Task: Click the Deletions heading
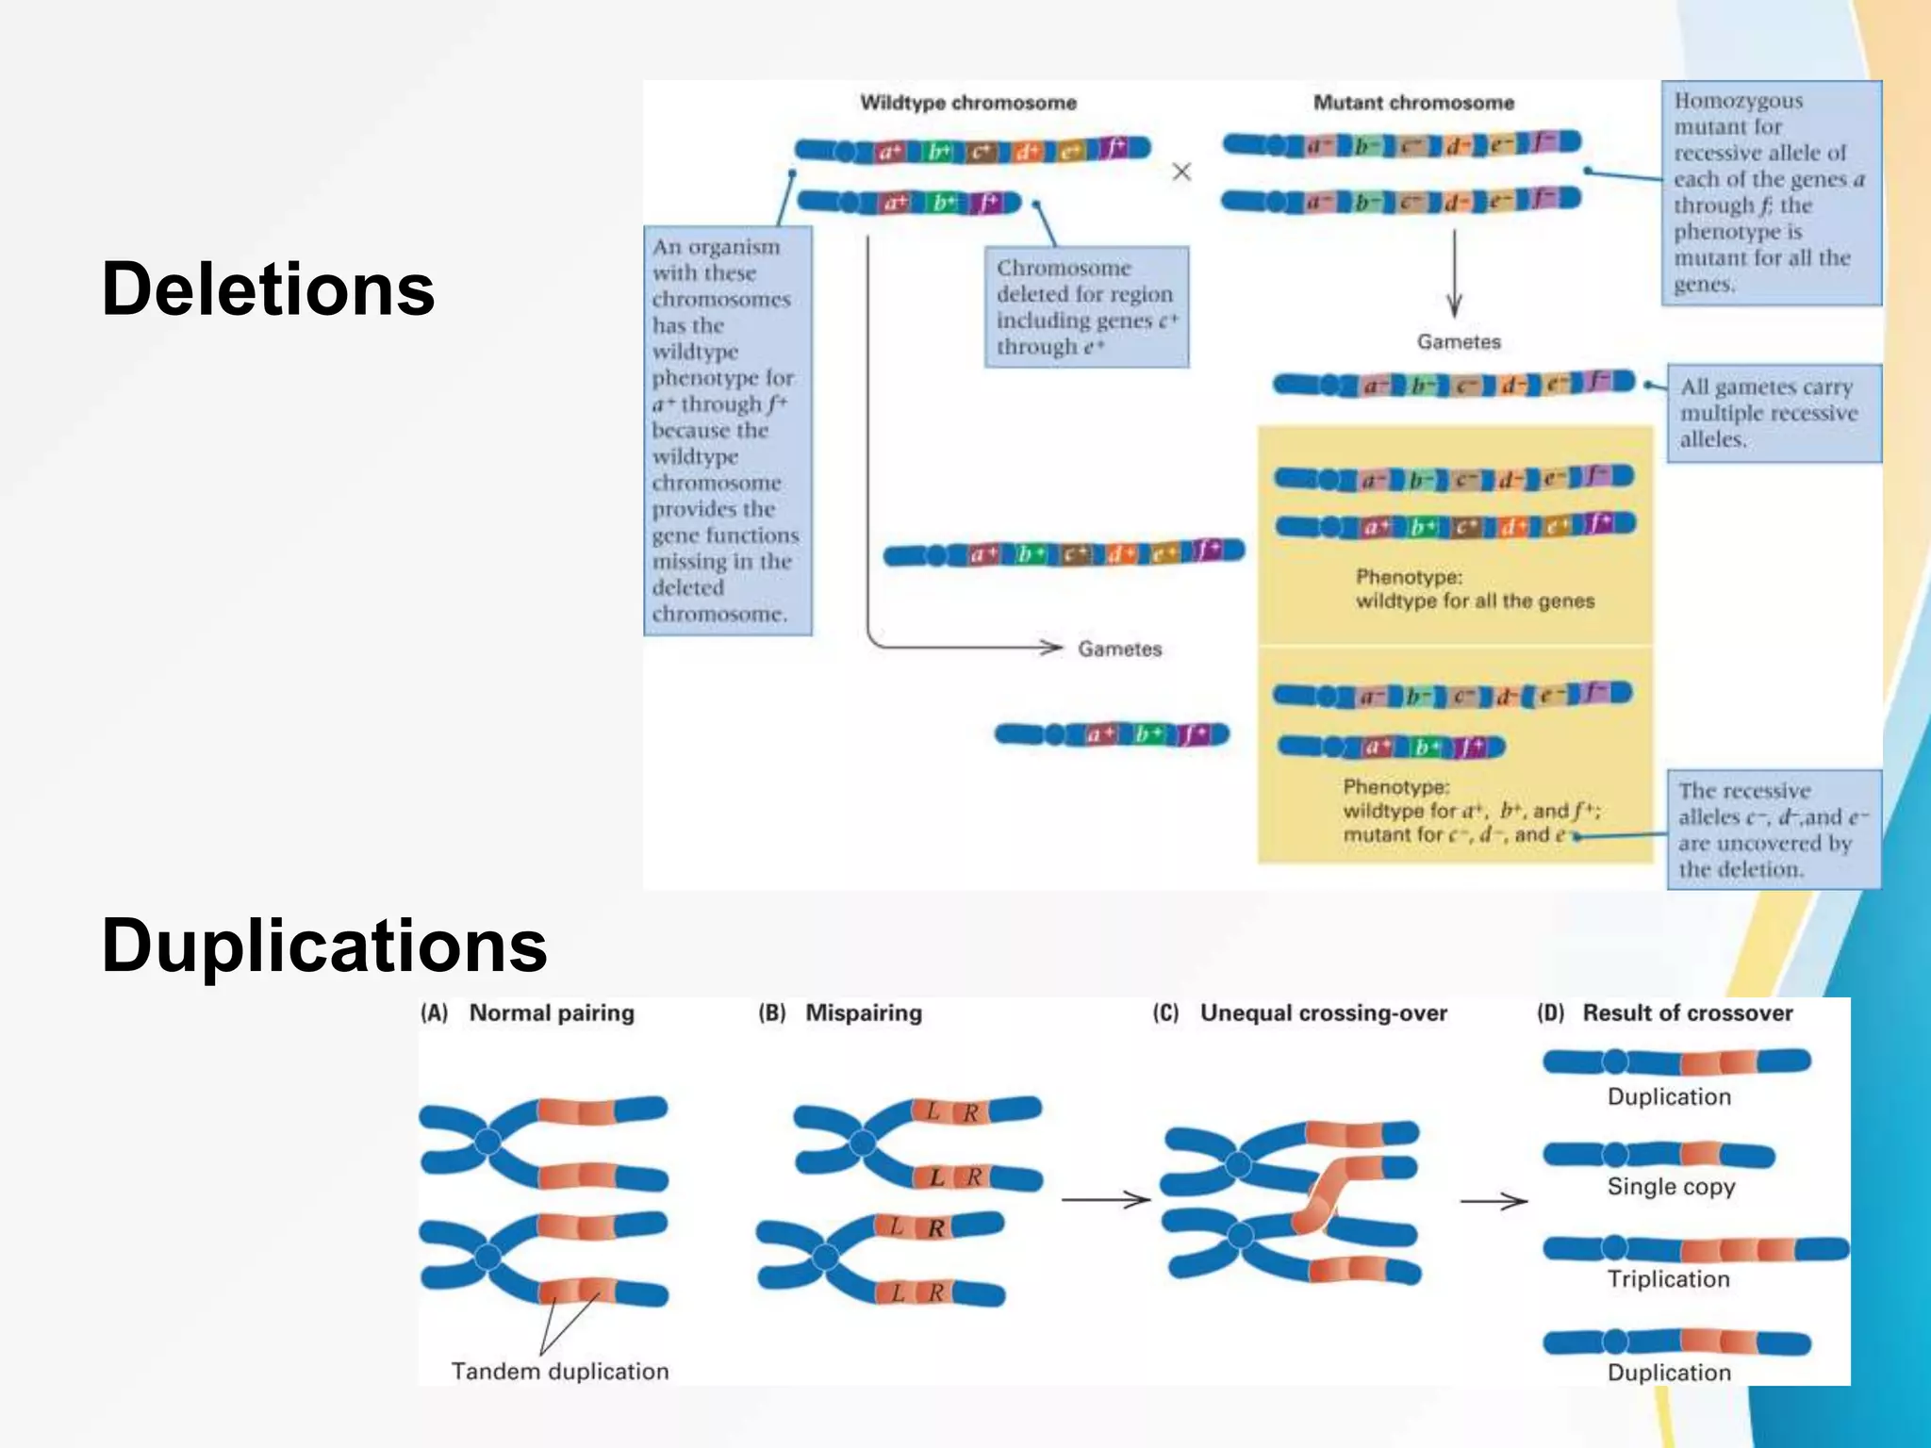(x=268, y=288)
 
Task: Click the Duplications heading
(x=323, y=945)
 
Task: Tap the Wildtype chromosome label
(x=967, y=103)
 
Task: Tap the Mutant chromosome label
(x=1413, y=103)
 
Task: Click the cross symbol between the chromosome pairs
(x=1181, y=172)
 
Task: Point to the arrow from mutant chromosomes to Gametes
(x=1454, y=273)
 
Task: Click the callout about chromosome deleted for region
(x=1086, y=307)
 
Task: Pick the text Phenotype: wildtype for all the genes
(x=1475, y=589)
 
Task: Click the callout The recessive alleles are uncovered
(x=1773, y=830)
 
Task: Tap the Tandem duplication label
(x=559, y=1371)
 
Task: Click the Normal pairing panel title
(x=552, y=1012)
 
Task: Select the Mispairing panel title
(x=863, y=1012)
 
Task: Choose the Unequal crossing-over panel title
(x=1323, y=1012)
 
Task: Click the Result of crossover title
(x=1687, y=1012)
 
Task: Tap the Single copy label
(x=1671, y=1186)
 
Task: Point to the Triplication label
(x=1668, y=1278)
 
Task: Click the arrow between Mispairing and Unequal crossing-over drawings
(x=1105, y=1199)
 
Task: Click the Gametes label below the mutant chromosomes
(x=1458, y=341)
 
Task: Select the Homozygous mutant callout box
(x=1771, y=192)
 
